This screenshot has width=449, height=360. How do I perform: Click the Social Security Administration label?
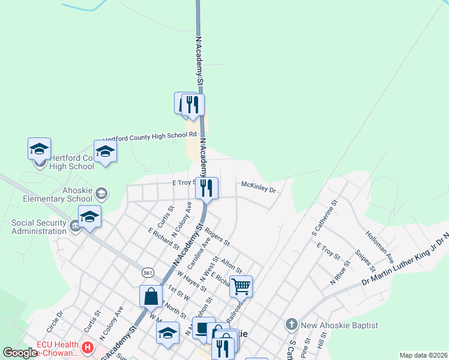pos(38,227)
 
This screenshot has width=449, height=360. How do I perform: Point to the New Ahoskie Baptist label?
pos(339,325)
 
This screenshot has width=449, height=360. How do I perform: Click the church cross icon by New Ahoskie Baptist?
pos(291,325)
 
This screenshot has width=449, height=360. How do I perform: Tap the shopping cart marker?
pos(241,287)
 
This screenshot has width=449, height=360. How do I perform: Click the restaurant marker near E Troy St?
pos(207,188)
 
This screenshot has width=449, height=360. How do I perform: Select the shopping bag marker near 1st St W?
pos(151,296)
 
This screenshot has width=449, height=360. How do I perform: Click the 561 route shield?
pos(148,273)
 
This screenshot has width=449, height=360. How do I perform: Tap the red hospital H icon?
pos(88,347)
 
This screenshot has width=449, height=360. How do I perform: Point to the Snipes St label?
pos(364,260)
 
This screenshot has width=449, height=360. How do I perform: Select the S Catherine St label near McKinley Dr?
pos(325,218)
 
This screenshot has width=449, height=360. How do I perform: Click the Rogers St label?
pos(217,236)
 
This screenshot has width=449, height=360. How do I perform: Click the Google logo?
pos(20,353)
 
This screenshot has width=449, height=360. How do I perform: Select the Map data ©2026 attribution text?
pos(423,355)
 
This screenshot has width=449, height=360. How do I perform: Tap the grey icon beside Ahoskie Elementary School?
pos(102,193)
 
